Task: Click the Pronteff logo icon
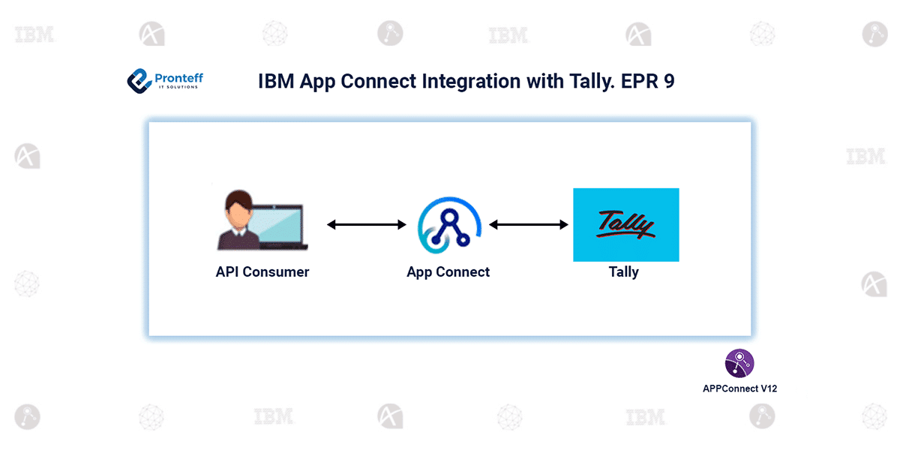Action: (139, 80)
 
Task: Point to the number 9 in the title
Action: (668, 81)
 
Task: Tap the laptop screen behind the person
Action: (277, 226)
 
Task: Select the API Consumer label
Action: (262, 271)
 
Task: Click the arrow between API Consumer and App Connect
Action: (366, 224)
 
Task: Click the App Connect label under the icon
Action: (448, 271)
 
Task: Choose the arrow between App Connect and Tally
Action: (529, 224)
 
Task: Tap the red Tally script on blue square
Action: (625, 224)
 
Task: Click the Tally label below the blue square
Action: (623, 271)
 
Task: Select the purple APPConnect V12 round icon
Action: (739, 363)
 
